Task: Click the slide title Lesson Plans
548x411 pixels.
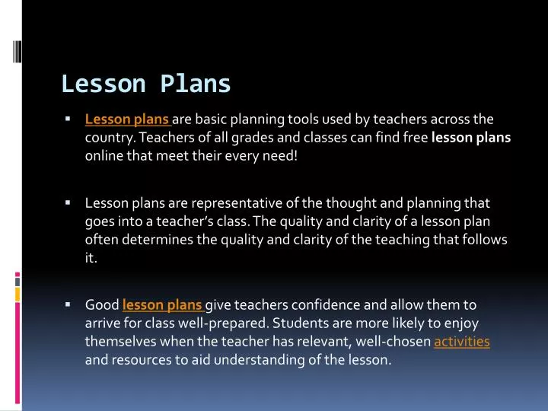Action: point(145,84)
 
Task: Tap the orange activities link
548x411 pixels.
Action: point(461,342)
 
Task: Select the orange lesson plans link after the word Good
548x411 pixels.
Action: point(161,305)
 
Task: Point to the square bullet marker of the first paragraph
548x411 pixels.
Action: point(68,119)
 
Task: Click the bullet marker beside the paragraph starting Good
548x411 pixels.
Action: point(68,304)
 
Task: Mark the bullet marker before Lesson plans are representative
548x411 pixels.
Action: point(68,203)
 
